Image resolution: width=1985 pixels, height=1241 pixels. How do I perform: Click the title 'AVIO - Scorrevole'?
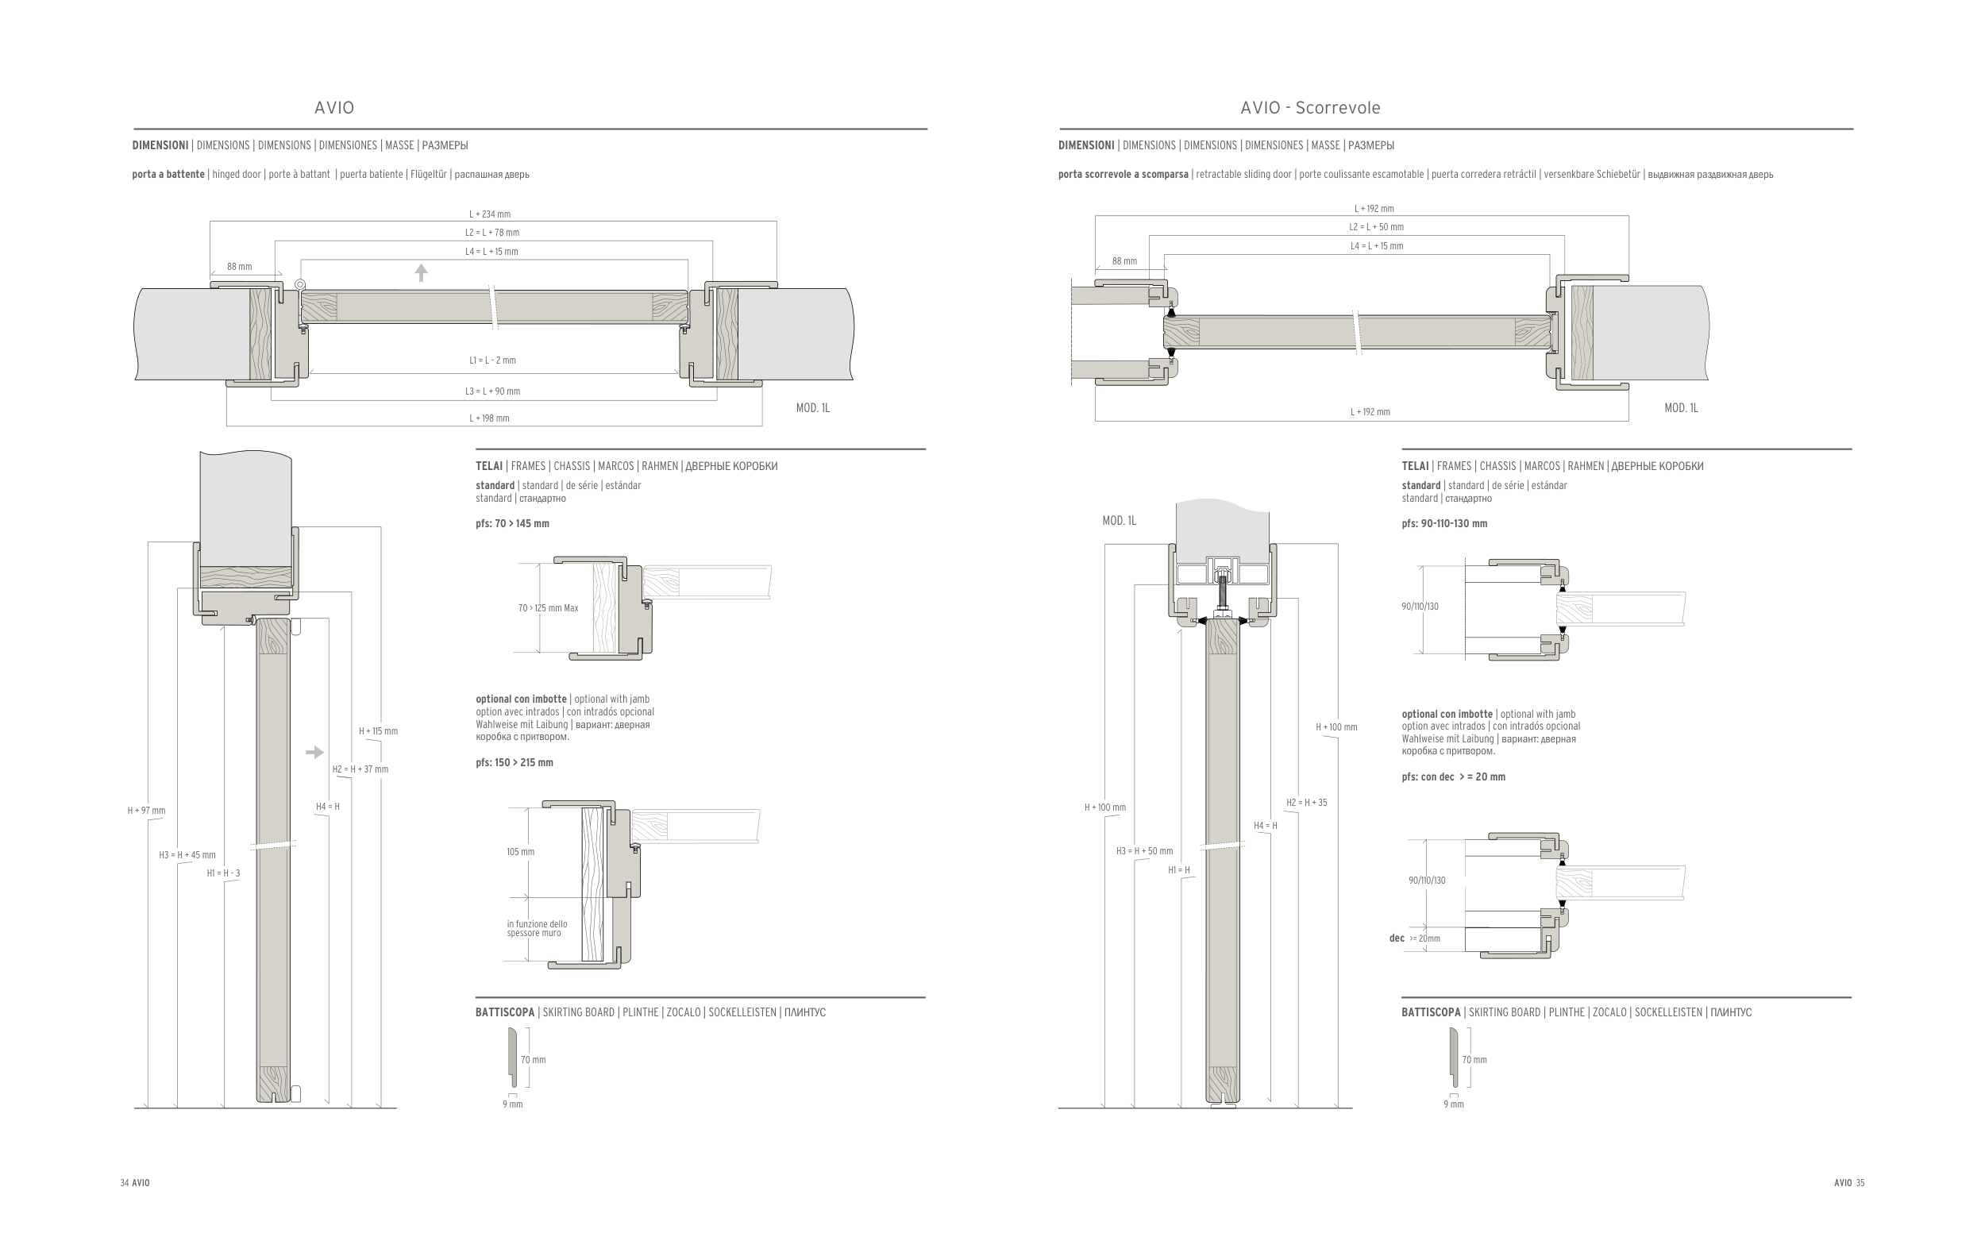1309,107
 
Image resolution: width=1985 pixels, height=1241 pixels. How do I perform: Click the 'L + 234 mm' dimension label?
490,214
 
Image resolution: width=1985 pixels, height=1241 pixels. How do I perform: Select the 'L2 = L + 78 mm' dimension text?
492,233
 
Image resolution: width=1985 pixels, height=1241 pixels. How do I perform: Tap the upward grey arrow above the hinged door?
421,272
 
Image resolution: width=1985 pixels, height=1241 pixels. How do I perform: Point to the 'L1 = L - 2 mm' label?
492,360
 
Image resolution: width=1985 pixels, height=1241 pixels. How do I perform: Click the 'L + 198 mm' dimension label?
489,418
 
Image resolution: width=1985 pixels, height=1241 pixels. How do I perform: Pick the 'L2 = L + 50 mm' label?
1376,227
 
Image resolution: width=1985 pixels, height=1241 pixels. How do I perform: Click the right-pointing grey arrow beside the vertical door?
314,752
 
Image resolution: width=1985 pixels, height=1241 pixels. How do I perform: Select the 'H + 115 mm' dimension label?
378,731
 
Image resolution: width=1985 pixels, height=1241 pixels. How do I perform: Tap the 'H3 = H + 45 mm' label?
187,855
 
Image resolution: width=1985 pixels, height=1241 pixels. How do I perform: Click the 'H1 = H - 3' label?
223,873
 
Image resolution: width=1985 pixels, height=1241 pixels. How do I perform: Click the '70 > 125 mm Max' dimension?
548,608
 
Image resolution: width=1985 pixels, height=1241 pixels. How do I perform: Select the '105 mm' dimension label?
520,852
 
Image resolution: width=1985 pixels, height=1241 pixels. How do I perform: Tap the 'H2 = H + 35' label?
1306,803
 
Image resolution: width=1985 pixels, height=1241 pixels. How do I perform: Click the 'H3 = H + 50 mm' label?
1144,851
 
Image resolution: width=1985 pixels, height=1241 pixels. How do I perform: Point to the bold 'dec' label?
1397,938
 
